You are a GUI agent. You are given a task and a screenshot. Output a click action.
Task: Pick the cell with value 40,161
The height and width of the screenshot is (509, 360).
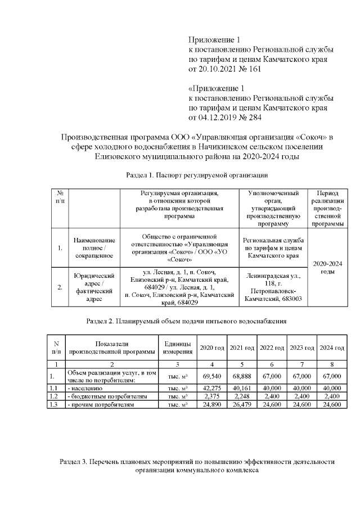click(x=241, y=388)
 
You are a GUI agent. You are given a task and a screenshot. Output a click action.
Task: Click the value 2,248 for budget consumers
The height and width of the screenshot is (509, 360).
click(x=241, y=396)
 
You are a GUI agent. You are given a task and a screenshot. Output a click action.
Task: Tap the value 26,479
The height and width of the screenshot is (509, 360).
click(x=241, y=404)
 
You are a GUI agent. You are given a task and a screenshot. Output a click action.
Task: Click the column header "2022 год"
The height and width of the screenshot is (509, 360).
click(x=272, y=348)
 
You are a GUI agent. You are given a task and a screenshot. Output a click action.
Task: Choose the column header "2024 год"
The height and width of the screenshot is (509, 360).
click(x=332, y=348)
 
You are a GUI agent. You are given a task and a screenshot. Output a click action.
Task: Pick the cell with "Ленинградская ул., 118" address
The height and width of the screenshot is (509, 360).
click(x=273, y=287)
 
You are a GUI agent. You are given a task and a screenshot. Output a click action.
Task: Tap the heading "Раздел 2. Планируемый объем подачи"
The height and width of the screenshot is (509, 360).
click(x=186, y=322)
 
